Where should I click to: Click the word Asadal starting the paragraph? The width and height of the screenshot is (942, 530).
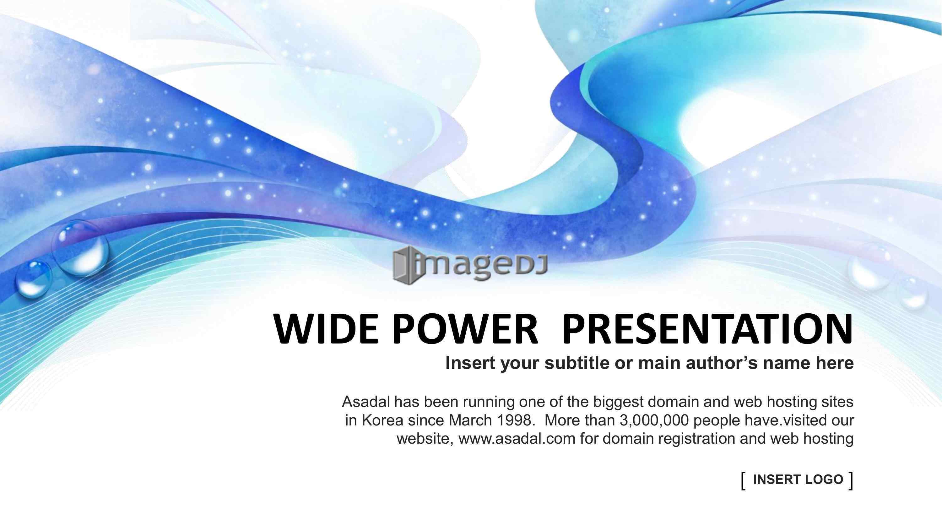pyautogui.click(x=366, y=402)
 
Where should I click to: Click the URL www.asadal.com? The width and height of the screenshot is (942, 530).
pyautogui.click(x=517, y=439)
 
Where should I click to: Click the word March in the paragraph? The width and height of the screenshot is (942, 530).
pyautogui.click(x=471, y=420)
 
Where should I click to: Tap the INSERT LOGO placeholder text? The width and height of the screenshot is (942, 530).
pyautogui.click(x=798, y=479)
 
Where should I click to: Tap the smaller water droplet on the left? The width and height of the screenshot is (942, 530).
pyautogui.click(x=33, y=279)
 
